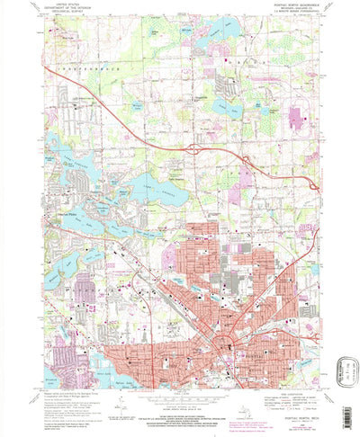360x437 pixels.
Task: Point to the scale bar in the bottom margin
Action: pos(180,397)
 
